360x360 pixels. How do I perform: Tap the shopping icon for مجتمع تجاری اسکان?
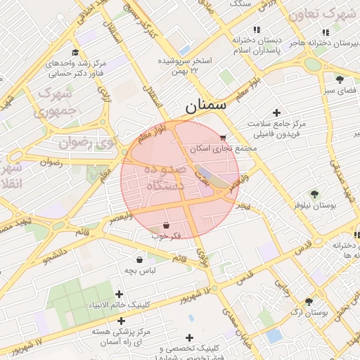[x=223, y=138]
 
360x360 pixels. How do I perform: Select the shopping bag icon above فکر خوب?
[x=165, y=225]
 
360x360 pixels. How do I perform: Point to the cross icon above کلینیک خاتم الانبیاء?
[x=119, y=294]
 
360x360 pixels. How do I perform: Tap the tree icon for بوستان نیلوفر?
[x=314, y=194]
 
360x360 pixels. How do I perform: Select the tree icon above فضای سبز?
[x=340, y=79]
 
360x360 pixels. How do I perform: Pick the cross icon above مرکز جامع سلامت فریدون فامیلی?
[x=276, y=112]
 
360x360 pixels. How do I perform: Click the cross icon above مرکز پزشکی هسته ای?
[x=105, y=319]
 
